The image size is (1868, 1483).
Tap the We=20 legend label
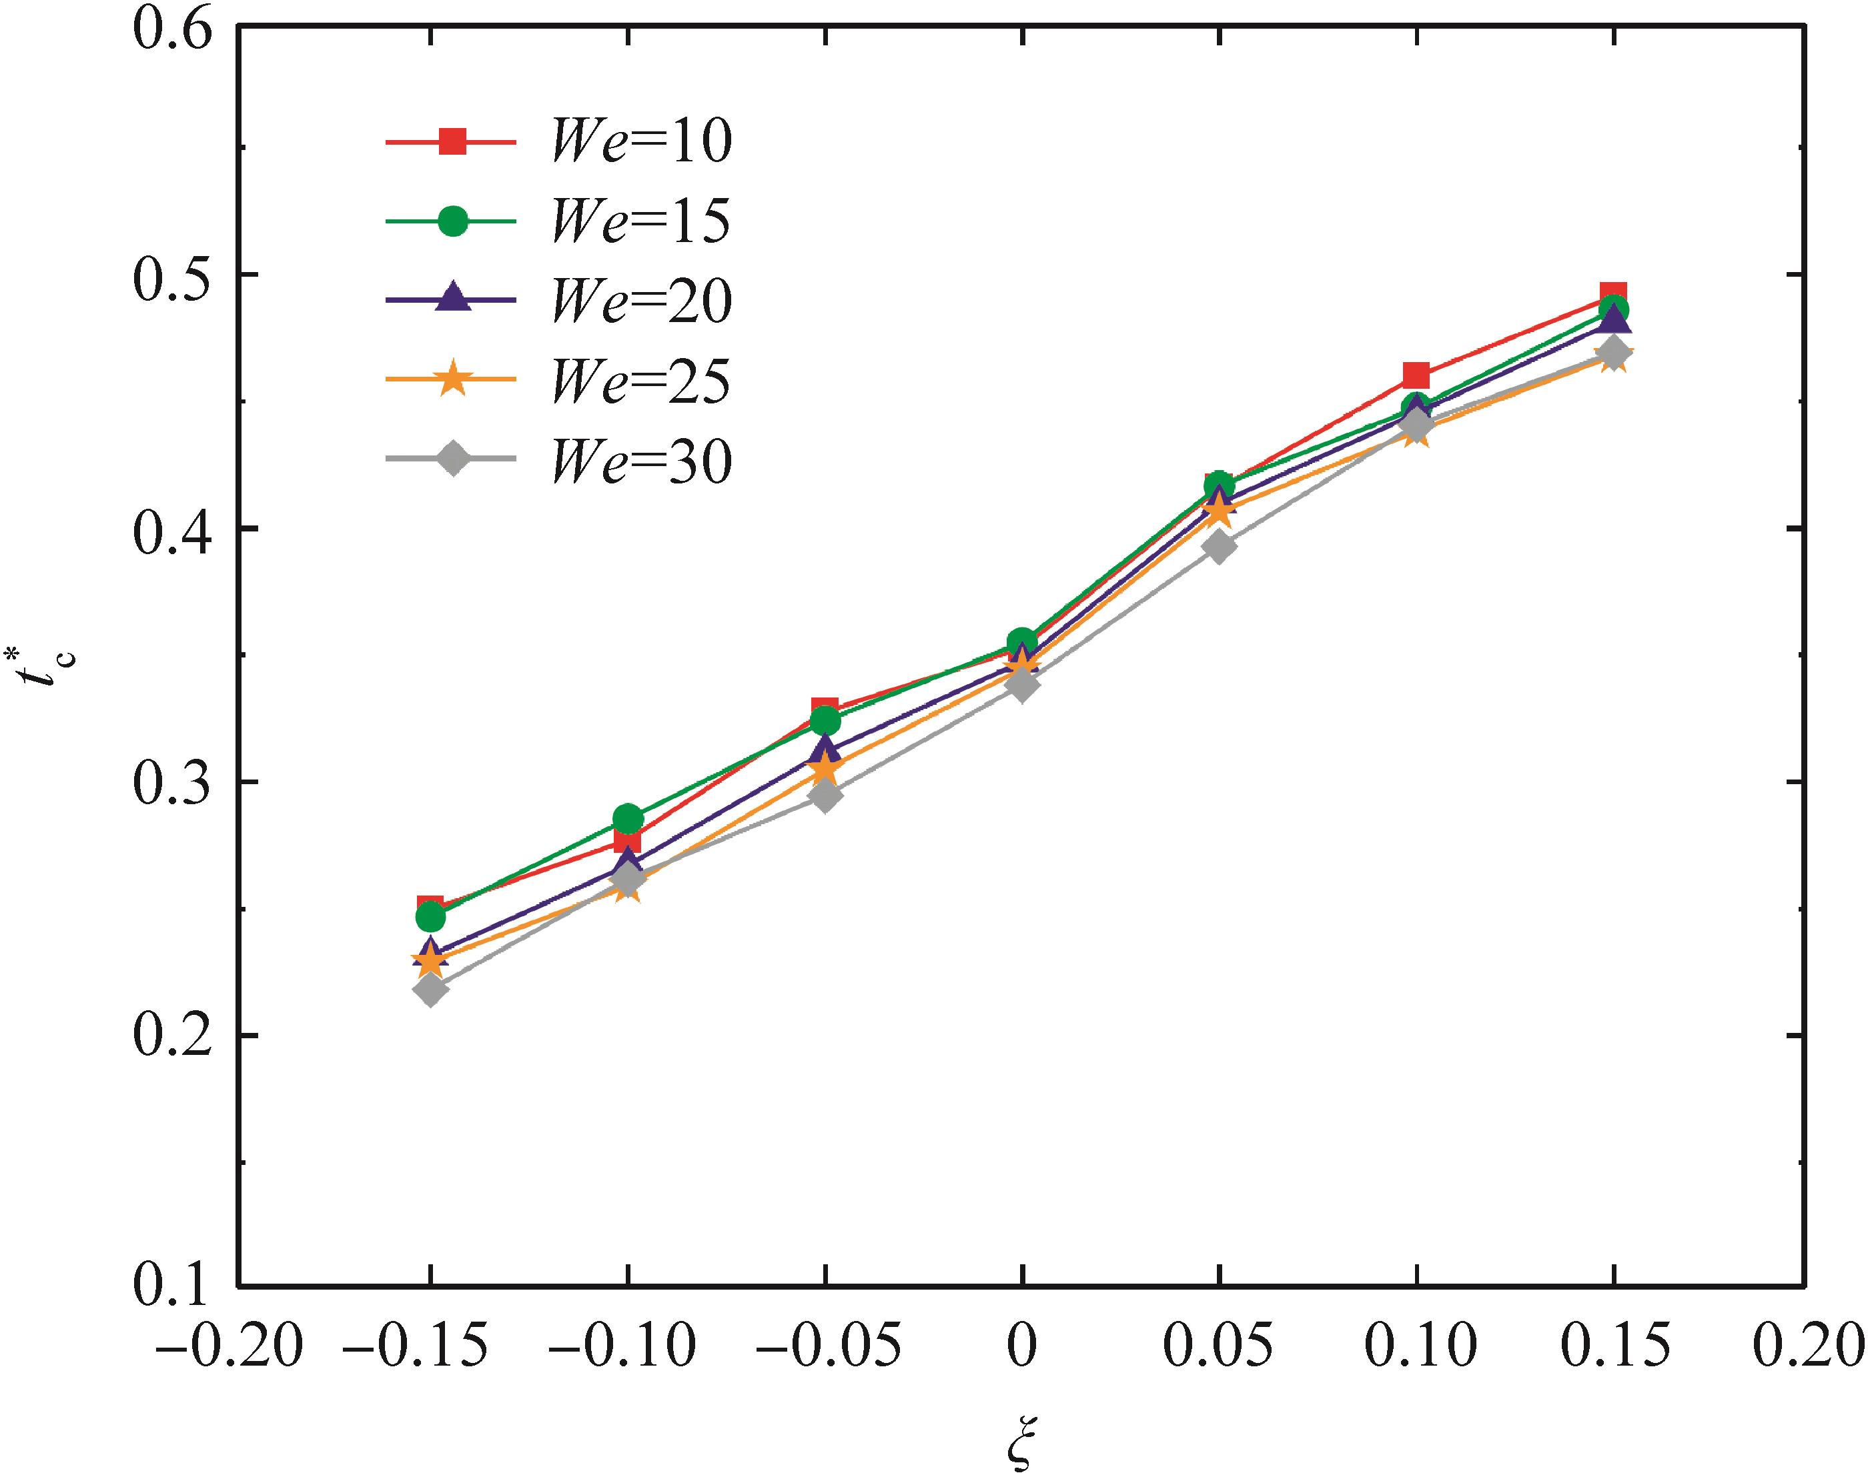click(641, 301)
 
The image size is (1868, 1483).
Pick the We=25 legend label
click(641, 382)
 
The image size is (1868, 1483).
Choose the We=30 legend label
click(641, 461)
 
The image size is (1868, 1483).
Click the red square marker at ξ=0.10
click(1416, 375)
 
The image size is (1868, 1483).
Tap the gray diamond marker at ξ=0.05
click(1218, 547)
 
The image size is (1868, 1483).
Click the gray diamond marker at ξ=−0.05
click(826, 796)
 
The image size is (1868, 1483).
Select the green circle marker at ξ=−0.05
click(826, 721)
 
